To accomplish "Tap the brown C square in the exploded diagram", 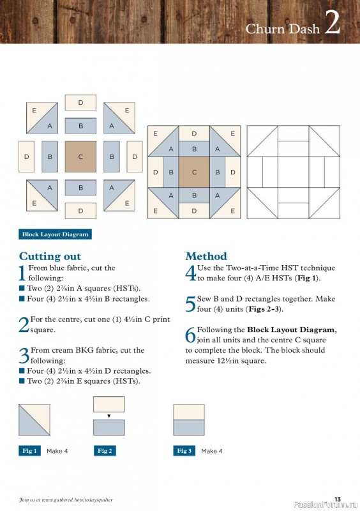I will (80, 156).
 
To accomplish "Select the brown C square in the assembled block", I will (194, 172).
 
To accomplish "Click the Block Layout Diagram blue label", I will (56, 234).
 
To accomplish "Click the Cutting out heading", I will (50, 257).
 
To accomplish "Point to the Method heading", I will (206, 256).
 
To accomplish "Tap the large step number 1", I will (23, 273).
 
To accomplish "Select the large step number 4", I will (190, 273).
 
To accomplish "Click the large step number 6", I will (190, 335).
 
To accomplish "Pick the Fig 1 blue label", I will (29, 451).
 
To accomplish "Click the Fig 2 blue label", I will (105, 451).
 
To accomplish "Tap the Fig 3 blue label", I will (184, 451).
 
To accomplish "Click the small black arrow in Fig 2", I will (109, 416).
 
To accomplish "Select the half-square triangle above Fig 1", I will (34, 420).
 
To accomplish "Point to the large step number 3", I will (24, 355).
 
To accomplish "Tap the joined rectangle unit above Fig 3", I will (189, 420).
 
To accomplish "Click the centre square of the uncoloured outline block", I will (293, 172).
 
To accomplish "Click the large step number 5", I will (190, 304).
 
